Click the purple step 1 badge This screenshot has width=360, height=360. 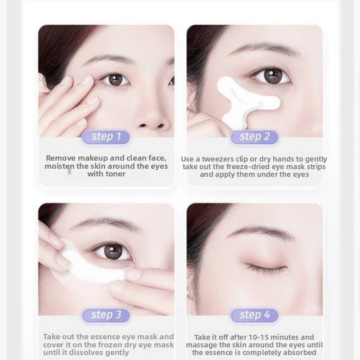click(106, 137)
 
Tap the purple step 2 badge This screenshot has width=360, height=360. click(254, 137)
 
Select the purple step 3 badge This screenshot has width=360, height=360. click(106, 315)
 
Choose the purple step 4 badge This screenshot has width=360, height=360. click(254, 315)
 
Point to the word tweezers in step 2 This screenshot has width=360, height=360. click(216, 159)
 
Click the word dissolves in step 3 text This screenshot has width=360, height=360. click(83, 352)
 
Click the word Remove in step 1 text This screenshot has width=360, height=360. click(61, 158)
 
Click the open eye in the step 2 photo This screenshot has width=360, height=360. click(272, 76)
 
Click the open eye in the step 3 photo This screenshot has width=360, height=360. click(114, 252)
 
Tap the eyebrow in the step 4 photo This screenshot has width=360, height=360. click(261, 231)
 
